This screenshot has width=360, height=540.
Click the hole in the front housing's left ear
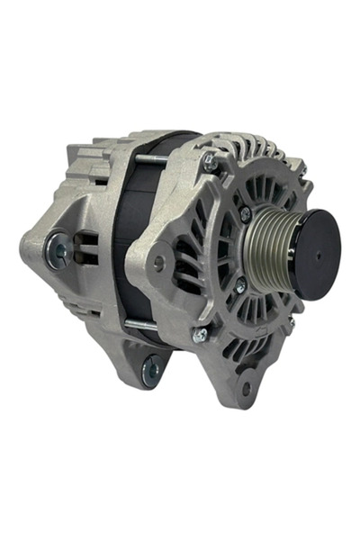click(159, 264)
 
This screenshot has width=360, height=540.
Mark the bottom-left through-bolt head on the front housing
click(199, 334)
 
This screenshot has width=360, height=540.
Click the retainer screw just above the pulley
click(245, 214)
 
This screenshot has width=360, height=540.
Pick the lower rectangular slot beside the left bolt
click(87, 262)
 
